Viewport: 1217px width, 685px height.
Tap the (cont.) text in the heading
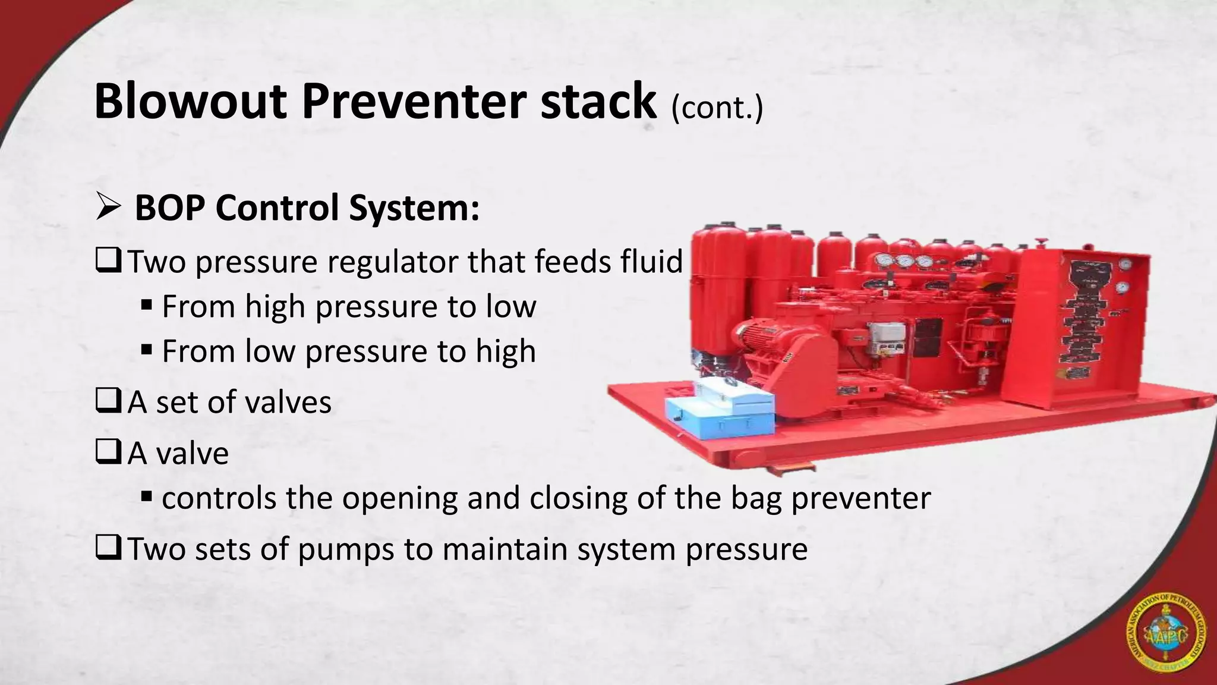click(x=717, y=108)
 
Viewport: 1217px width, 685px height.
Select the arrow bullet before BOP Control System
click(x=108, y=208)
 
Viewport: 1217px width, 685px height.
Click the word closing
click(x=578, y=498)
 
